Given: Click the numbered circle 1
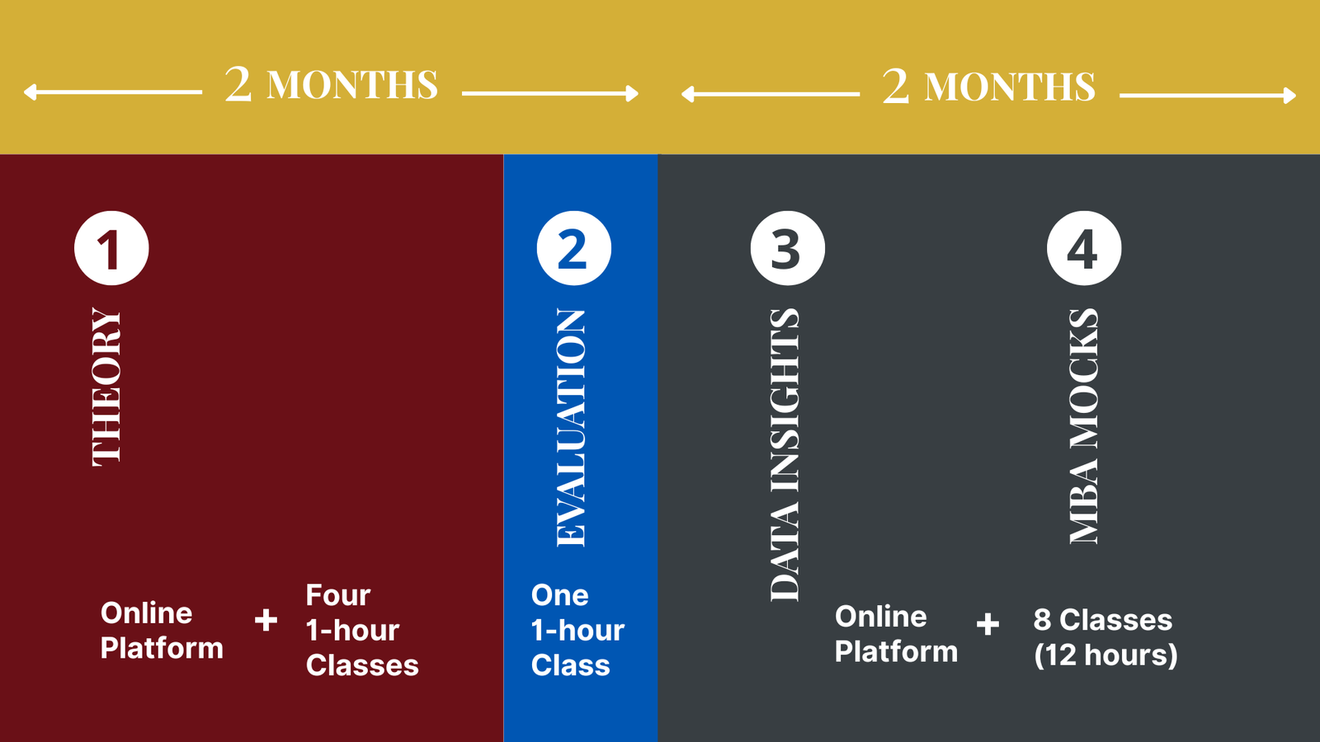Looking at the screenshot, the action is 111,248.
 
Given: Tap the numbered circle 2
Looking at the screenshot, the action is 574,248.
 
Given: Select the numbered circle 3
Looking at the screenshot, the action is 788,248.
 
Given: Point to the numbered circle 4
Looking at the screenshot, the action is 1084,248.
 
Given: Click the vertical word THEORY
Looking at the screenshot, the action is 106,387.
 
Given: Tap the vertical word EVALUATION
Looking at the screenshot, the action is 571,428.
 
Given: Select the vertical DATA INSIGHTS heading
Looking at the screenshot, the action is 785,454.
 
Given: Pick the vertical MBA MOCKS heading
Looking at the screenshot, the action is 1084,425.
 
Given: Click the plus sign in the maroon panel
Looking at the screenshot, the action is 266,620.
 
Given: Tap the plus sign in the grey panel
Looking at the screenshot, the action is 988,623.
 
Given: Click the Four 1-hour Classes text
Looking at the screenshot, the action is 362,630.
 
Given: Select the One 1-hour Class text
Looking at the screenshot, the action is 577,630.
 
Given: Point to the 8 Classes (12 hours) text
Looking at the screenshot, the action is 1105,637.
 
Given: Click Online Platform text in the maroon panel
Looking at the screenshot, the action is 162,631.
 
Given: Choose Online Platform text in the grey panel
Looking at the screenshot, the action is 896,634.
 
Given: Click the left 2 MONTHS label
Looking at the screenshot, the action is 331,84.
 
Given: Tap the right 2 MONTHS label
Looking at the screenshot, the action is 989,86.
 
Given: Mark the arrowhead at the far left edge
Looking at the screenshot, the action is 30,92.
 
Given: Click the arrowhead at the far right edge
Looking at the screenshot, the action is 1290,96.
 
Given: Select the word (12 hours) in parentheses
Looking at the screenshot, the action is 1105,655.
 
